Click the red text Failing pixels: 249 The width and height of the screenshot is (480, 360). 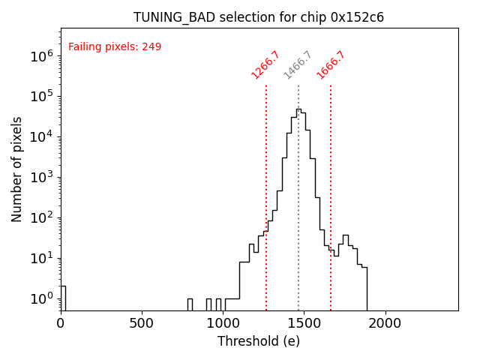(x=115, y=47)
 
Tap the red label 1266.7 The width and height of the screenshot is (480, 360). (x=265, y=65)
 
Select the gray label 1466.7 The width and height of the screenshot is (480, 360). (x=298, y=65)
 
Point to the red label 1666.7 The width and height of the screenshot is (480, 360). (x=331, y=65)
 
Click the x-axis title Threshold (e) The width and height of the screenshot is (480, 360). (x=259, y=341)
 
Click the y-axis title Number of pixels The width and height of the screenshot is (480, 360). (x=17, y=169)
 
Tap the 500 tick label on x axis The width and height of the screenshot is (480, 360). (x=142, y=323)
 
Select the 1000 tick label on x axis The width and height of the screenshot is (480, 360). (x=223, y=323)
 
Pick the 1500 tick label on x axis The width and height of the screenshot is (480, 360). (x=304, y=323)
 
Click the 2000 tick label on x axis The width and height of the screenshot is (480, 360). (x=385, y=323)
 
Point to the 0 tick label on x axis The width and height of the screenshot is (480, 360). (x=61, y=323)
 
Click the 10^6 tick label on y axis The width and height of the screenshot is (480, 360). (x=41, y=55)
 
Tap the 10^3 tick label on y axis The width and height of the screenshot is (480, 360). (x=41, y=177)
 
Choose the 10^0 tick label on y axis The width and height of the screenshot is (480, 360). (x=41, y=298)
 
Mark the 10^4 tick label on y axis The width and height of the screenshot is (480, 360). (x=41, y=136)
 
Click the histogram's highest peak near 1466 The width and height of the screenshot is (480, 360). (x=298, y=109)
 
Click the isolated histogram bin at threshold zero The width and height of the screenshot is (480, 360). (x=63, y=297)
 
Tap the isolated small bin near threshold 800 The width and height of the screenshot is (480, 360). (x=190, y=304)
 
